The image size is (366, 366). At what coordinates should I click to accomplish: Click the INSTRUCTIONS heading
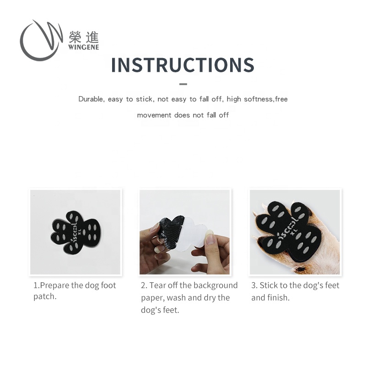point(183,65)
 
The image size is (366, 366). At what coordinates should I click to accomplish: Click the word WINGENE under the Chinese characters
point(84,47)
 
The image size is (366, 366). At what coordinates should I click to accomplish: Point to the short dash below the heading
point(183,84)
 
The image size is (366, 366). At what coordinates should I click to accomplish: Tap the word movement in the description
point(154,115)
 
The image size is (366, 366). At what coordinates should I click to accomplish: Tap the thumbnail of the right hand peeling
point(210,238)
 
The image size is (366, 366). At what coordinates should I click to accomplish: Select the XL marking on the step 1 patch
point(80,232)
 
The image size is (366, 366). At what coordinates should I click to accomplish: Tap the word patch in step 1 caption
point(45,296)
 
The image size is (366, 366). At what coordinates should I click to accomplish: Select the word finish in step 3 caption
point(279,298)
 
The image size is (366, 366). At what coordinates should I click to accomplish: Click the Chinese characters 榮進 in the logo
point(84,37)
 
